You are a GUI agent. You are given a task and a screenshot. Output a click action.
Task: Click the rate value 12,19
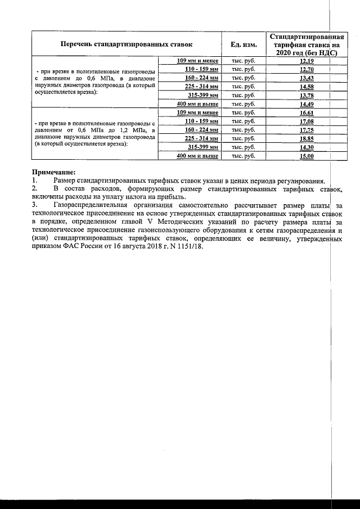tap(307, 60)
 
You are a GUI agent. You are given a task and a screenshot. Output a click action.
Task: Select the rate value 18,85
tap(307, 138)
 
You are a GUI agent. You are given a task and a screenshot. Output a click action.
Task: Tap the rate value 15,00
tap(307, 156)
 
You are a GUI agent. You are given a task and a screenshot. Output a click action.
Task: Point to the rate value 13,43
tap(307, 78)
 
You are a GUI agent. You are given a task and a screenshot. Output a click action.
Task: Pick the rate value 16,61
tap(307, 112)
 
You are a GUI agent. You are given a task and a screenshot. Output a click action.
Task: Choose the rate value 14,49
tap(307, 104)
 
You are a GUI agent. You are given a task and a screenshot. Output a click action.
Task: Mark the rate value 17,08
tap(307, 121)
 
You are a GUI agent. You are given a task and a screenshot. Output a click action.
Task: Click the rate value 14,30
tap(307, 147)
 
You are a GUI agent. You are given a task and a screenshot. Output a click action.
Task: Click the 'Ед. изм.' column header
tap(244, 43)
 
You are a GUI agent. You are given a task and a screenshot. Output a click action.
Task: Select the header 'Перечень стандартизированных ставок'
tap(127, 43)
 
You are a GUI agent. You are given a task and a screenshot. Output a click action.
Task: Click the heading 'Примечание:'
tap(53, 172)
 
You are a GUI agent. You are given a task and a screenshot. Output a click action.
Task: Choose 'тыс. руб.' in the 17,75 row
tap(244, 129)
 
